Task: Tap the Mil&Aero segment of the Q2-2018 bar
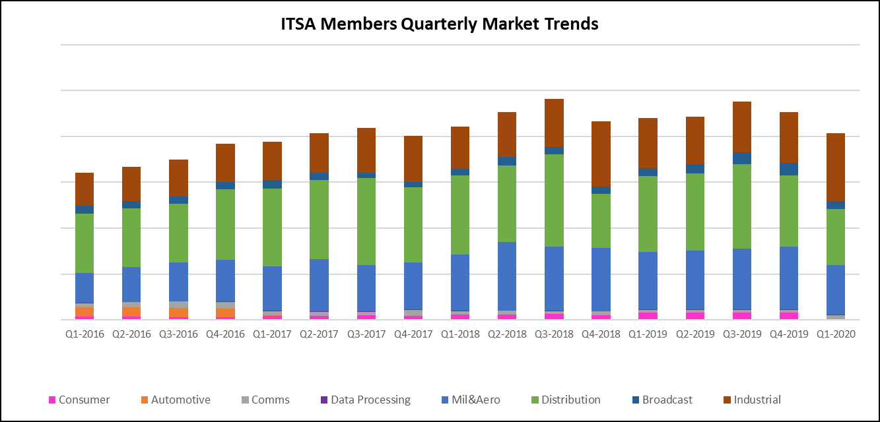pos(507,276)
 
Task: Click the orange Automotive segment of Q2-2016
pos(131,311)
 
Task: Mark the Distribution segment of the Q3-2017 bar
pos(366,221)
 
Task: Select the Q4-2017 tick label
pos(413,334)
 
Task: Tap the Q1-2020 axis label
pos(836,334)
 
